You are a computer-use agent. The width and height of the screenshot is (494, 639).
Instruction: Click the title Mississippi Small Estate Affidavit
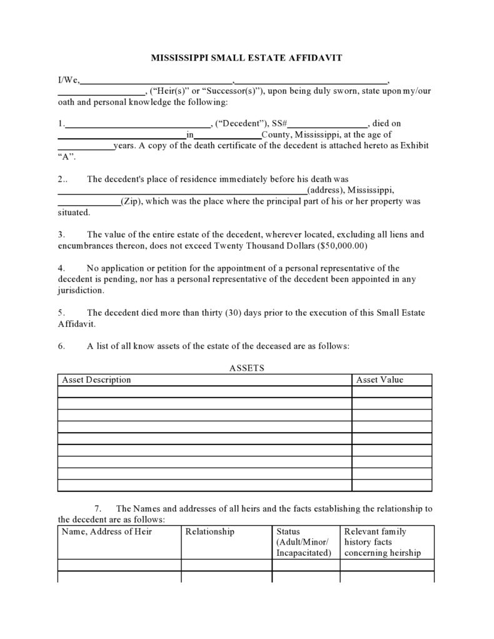(246, 58)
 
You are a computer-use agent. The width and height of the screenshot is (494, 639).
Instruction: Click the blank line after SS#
(328, 124)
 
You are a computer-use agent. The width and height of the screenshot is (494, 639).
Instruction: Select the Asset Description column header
(96, 380)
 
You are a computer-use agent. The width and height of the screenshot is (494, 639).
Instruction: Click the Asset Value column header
(380, 380)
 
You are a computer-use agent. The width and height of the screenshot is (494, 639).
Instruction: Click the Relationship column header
(210, 531)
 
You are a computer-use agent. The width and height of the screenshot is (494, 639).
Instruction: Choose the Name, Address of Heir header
(107, 531)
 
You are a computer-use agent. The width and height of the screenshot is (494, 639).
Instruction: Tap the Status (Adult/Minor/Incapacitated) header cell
(305, 542)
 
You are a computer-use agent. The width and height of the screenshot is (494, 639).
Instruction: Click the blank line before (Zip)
(89, 201)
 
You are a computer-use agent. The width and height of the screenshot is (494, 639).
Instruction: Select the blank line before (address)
(182, 190)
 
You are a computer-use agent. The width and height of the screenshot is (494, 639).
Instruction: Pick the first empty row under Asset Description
(204, 392)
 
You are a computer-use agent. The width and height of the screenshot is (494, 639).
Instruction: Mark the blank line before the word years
(85, 146)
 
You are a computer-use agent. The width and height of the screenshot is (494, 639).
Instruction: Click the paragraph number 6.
(61, 346)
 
